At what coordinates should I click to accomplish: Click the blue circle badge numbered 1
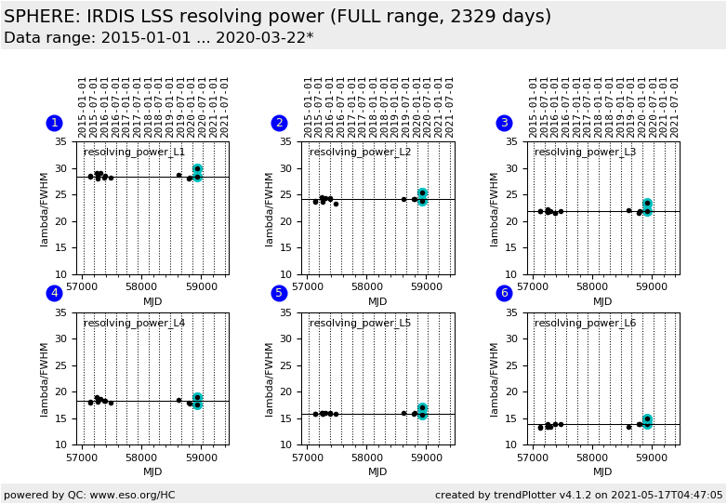54,123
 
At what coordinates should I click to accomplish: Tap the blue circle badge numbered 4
54,293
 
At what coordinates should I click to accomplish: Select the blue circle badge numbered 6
504,293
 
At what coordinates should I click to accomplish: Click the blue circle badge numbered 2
279,123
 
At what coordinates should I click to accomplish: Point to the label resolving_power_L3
585,153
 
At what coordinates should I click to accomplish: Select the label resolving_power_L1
134,153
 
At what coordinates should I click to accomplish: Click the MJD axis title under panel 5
377,471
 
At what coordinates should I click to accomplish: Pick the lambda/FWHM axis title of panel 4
45,378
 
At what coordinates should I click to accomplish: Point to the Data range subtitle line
158,38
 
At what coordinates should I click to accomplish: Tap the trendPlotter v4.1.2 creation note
578,495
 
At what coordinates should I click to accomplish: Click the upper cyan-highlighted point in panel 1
197,168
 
